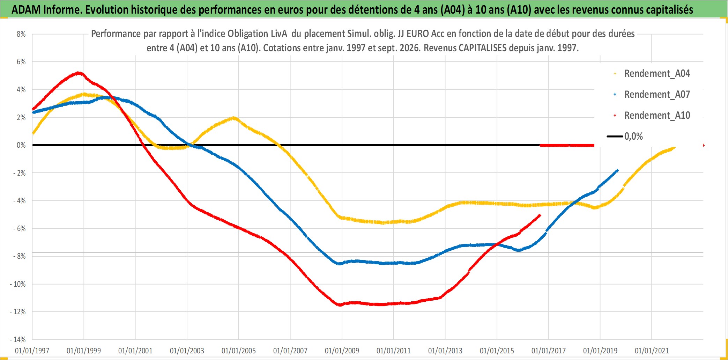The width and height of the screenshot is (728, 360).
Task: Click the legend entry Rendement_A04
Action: (652, 74)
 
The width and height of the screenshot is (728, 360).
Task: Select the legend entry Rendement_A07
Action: (652, 95)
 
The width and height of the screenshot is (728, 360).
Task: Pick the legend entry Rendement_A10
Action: (652, 116)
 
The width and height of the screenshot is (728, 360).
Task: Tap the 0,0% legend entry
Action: (625, 137)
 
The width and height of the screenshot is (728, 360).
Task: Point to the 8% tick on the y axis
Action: (21, 34)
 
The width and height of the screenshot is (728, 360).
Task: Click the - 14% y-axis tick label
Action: (18, 339)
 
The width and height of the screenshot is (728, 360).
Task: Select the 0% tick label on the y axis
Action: (21, 145)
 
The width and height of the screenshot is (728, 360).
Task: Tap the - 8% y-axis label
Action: (20, 256)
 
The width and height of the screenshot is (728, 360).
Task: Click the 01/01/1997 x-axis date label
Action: (32, 351)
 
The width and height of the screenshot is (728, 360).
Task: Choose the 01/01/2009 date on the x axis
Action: (342, 351)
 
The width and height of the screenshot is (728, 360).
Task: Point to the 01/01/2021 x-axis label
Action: (652, 351)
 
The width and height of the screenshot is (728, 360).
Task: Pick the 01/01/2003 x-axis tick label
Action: (187, 351)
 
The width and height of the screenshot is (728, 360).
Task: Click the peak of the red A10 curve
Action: (80, 73)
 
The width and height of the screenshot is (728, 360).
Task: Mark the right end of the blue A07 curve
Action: (618, 170)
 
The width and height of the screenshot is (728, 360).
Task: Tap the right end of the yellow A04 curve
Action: (675, 148)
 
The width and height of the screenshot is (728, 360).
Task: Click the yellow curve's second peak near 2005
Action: (233, 118)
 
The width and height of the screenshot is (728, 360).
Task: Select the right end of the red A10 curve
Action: (540, 215)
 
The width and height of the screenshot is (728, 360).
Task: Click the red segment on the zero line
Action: (567, 145)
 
